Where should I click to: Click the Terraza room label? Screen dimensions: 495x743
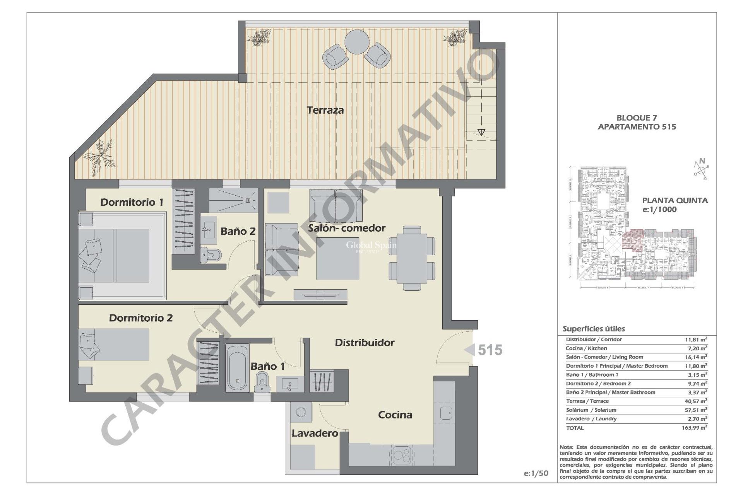325,110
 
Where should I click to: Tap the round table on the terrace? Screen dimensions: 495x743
357,42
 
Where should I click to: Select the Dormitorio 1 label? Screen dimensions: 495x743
132,202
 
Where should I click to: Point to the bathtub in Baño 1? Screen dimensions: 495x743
237,367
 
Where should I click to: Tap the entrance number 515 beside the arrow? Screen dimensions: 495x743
490,350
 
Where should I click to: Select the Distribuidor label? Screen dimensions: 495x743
365,343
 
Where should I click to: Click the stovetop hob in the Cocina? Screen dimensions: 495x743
401,455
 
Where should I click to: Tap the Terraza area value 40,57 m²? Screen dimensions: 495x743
696,401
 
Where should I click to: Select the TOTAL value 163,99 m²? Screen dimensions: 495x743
694,428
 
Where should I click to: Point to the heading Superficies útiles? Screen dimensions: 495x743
594,329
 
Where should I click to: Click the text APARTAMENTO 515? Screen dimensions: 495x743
637,127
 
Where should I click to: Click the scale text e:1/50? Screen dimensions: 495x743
536,473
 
